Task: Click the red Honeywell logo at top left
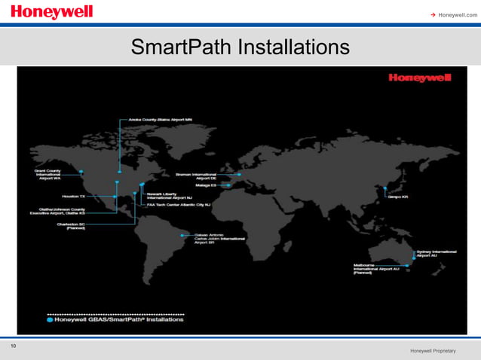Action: coord(52,13)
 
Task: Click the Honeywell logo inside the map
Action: coord(419,78)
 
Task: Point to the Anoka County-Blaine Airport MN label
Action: coord(161,119)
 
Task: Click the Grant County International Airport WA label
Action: coord(47,175)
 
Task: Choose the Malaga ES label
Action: coord(208,185)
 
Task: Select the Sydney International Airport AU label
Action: coord(437,254)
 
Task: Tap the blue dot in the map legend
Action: coord(50,319)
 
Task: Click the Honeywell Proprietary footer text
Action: coord(434,352)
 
